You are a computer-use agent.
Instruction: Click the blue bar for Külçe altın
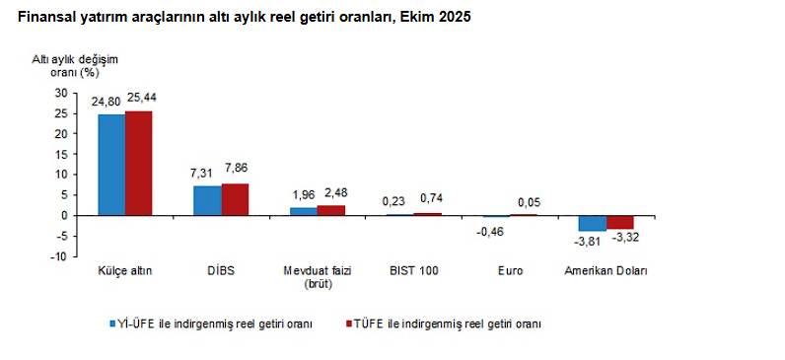click(111, 165)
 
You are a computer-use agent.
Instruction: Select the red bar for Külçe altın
click(139, 163)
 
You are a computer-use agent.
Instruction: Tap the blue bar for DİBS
click(207, 200)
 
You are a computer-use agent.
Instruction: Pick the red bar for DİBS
click(235, 199)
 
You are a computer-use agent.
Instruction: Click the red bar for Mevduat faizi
click(331, 210)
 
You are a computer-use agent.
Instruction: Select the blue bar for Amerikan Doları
click(593, 223)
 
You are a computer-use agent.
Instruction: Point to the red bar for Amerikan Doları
click(620, 222)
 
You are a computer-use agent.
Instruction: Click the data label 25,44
click(140, 99)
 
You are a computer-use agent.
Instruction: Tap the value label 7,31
click(202, 173)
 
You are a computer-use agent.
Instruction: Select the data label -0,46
click(490, 232)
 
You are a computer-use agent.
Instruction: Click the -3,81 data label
click(589, 241)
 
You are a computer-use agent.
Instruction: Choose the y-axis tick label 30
click(61, 92)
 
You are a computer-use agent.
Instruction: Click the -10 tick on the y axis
click(58, 256)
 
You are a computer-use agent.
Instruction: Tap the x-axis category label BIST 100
click(414, 271)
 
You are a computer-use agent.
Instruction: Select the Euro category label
click(510, 271)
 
